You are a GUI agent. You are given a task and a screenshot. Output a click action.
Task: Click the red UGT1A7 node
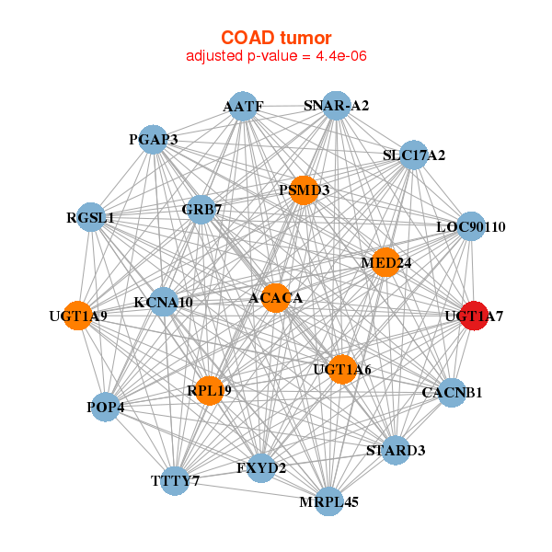click(474, 316)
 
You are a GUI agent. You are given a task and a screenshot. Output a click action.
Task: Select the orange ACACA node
click(275, 298)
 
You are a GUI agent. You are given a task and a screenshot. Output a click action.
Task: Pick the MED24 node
click(385, 263)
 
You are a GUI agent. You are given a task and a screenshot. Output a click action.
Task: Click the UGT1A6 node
click(341, 370)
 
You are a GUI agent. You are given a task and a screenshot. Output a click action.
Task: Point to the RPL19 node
click(209, 391)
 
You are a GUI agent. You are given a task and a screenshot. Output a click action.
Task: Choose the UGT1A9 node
click(78, 316)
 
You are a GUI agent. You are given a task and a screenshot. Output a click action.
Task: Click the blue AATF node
click(242, 106)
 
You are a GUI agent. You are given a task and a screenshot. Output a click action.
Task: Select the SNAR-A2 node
click(336, 106)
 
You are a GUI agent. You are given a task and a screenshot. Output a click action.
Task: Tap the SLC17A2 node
click(413, 155)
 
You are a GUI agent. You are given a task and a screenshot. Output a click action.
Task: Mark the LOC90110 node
click(470, 226)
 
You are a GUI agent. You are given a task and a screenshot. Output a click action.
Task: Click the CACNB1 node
click(451, 393)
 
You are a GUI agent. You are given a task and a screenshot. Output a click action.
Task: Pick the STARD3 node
click(396, 451)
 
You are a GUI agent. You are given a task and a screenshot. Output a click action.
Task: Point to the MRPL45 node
click(328, 501)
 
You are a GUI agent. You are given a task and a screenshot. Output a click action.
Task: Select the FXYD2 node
click(261, 468)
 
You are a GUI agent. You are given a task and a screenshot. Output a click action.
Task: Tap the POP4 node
click(106, 407)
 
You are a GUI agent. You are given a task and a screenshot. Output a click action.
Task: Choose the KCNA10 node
click(163, 302)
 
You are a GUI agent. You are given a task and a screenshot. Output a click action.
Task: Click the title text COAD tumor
click(276, 38)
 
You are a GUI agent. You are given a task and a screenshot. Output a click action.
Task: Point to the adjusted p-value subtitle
click(276, 57)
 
